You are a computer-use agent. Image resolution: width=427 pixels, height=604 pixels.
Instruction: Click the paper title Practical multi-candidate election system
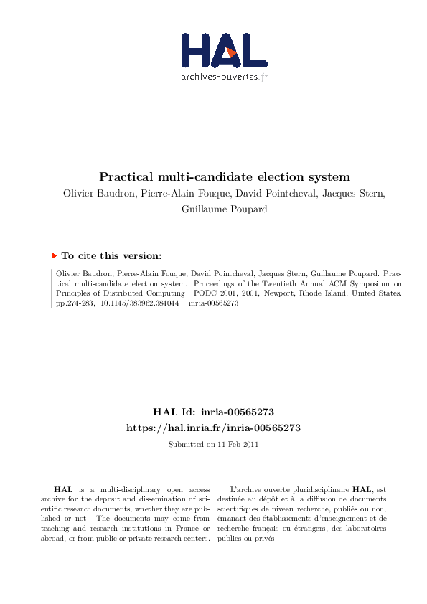pyautogui.click(x=224, y=176)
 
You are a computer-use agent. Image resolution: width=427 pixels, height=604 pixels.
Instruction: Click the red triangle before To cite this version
pyautogui.click(x=55, y=255)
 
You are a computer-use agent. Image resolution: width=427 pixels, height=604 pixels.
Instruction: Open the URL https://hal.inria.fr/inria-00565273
pyautogui.click(x=212, y=428)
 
